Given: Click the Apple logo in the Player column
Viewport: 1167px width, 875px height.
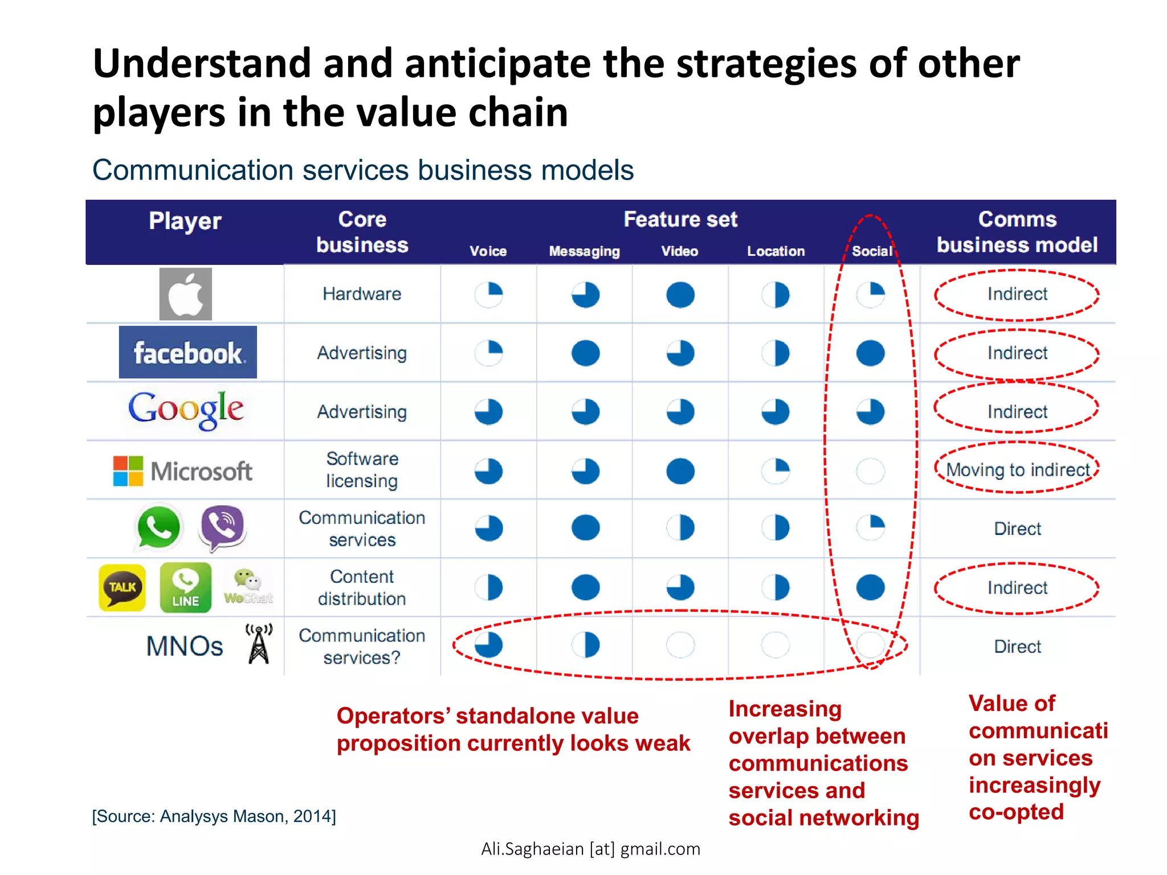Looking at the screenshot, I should [185, 294].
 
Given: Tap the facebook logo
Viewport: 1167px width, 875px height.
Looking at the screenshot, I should [187, 353].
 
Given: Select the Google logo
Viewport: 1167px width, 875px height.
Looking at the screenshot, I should [186, 410].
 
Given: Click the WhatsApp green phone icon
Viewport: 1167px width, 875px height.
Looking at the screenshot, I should [158, 528].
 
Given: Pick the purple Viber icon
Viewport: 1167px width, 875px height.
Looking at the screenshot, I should [223, 527].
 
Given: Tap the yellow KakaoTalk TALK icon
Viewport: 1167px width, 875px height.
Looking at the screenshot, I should [122, 587].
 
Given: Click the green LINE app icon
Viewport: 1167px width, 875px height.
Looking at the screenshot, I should [186, 587].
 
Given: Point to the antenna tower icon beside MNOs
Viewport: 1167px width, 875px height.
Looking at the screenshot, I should [259, 644].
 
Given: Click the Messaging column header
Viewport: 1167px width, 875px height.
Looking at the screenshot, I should [584, 251].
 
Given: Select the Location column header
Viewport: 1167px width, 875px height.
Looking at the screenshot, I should [776, 251].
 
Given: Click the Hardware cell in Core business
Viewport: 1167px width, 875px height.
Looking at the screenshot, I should [362, 294].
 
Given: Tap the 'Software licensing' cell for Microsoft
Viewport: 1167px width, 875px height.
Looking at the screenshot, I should [362, 470].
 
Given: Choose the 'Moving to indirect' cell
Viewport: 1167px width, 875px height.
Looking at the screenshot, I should [1017, 470].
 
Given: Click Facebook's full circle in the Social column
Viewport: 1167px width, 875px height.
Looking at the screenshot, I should [870, 353].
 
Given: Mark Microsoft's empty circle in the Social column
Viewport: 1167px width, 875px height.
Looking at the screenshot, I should [870, 471].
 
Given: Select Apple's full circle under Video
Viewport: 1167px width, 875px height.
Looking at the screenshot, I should [680, 295].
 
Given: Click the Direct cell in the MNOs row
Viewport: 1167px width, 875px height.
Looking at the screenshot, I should [1017, 647].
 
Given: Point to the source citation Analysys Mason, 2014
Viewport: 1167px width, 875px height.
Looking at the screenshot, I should [214, 816].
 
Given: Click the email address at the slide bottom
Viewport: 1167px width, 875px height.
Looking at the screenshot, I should [590, 849].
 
